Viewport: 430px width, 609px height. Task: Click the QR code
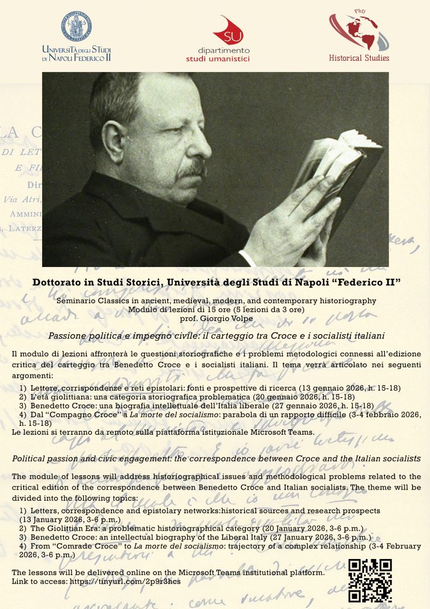click(x=369, y=581)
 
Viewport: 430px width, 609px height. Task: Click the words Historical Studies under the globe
click(x=359, y=58)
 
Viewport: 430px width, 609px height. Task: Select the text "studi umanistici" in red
click(x=217, y=58)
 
